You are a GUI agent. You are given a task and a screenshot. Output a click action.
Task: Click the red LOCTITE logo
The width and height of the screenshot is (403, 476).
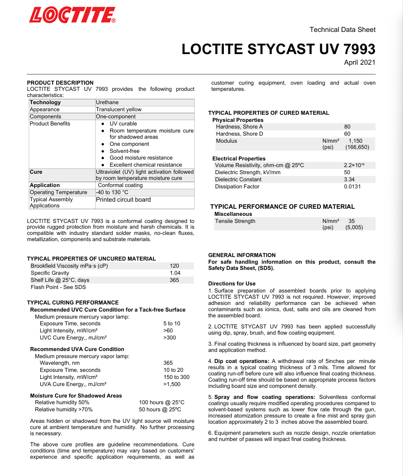pos(72,15)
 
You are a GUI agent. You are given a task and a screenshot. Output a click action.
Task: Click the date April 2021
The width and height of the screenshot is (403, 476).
pos(359,62)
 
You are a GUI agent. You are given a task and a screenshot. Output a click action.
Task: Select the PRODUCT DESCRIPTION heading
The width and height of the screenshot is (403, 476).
pos(60,82)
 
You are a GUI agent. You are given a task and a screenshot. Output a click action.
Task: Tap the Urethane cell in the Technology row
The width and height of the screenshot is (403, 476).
pos(107,102)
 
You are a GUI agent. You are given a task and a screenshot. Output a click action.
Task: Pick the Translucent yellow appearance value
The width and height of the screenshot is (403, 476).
pos(119,109)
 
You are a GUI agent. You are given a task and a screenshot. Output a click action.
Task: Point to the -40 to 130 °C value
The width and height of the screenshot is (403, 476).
pos(112,192)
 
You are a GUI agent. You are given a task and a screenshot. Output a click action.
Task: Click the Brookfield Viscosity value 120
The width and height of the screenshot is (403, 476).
pos(174,266)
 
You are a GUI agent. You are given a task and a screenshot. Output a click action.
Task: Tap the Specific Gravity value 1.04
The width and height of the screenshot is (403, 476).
pos(175,273)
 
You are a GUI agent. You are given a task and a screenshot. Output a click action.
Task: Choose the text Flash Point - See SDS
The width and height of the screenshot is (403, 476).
pos(58,287)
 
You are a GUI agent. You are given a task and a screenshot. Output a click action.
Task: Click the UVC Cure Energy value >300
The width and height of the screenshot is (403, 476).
pos(169,338)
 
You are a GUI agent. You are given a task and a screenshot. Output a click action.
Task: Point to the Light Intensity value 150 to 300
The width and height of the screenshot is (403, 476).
pos(176,377)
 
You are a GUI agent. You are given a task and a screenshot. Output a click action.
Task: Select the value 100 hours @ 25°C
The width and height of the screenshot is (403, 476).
pos(161,402)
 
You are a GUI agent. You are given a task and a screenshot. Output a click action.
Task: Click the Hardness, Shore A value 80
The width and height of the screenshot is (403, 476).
pos(347,127)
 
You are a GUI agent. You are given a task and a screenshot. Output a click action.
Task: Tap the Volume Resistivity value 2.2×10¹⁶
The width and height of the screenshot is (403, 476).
pos(354,165)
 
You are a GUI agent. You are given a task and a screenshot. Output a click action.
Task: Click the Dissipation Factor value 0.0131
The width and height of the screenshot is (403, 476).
pos(352,187)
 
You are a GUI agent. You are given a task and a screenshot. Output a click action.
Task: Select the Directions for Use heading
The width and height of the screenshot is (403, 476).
pos(232,284)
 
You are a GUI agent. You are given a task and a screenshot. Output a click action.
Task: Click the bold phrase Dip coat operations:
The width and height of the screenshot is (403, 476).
pos(242,361)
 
